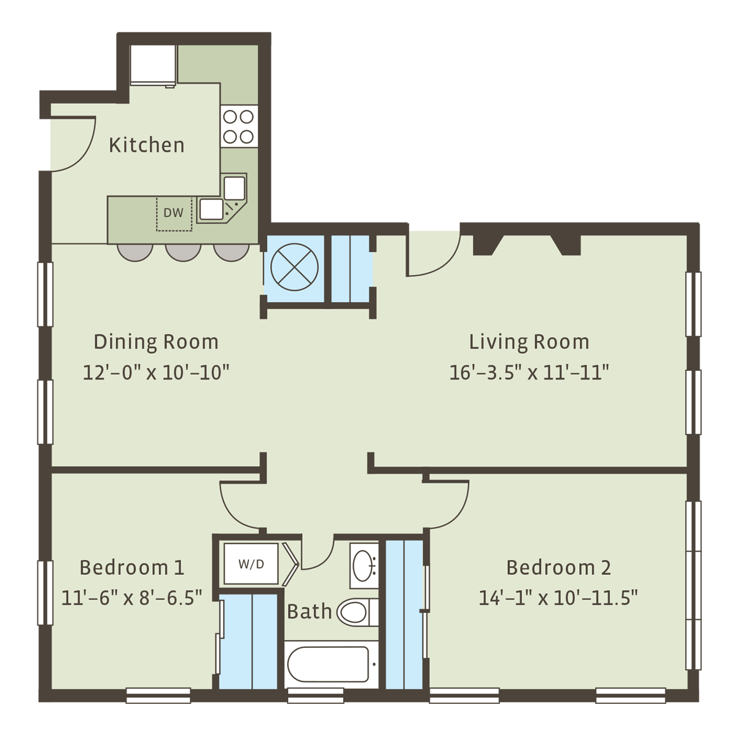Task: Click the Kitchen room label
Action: pyautogui.click(x=147, y=146)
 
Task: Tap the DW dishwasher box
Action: pyautogui.click(x=174, y=214)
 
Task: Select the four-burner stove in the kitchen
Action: pyautogui.click(x=239, y=127)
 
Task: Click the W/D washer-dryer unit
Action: pyautogui.click(x=251, y=564)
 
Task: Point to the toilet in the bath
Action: pyautogui.click(x=357, y=612)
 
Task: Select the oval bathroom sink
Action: pyautogui.click(x=364, y=566)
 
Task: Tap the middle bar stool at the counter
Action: pyautogui.click(x=183, y=252)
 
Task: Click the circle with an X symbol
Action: pyautogui.click(x=294, y=267)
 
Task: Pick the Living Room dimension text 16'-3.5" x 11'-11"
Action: pyautogui.click(x=529, y=373)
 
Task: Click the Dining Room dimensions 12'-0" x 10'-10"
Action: pyautogui.click(x=156, y=373)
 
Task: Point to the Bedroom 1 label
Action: pyautogui.click(x=132, y=567)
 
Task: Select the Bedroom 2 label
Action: pyautogui.click(x=558, y=567)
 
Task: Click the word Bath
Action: pyautogui.click(x=310, y=611)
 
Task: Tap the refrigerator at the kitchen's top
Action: pyautogui.click(x=153, y=65)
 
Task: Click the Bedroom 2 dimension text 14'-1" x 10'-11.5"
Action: pyautogui.click(x=558, y=598)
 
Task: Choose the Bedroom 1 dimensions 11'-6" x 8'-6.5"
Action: pyautogui.click(x=132, y=598)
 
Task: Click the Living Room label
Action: pyautogui.click(x=529, y=342)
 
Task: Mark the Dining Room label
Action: pyautogui.click(x=156, y=342)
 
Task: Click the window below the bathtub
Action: pyautogui.click(x=316, y=696)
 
